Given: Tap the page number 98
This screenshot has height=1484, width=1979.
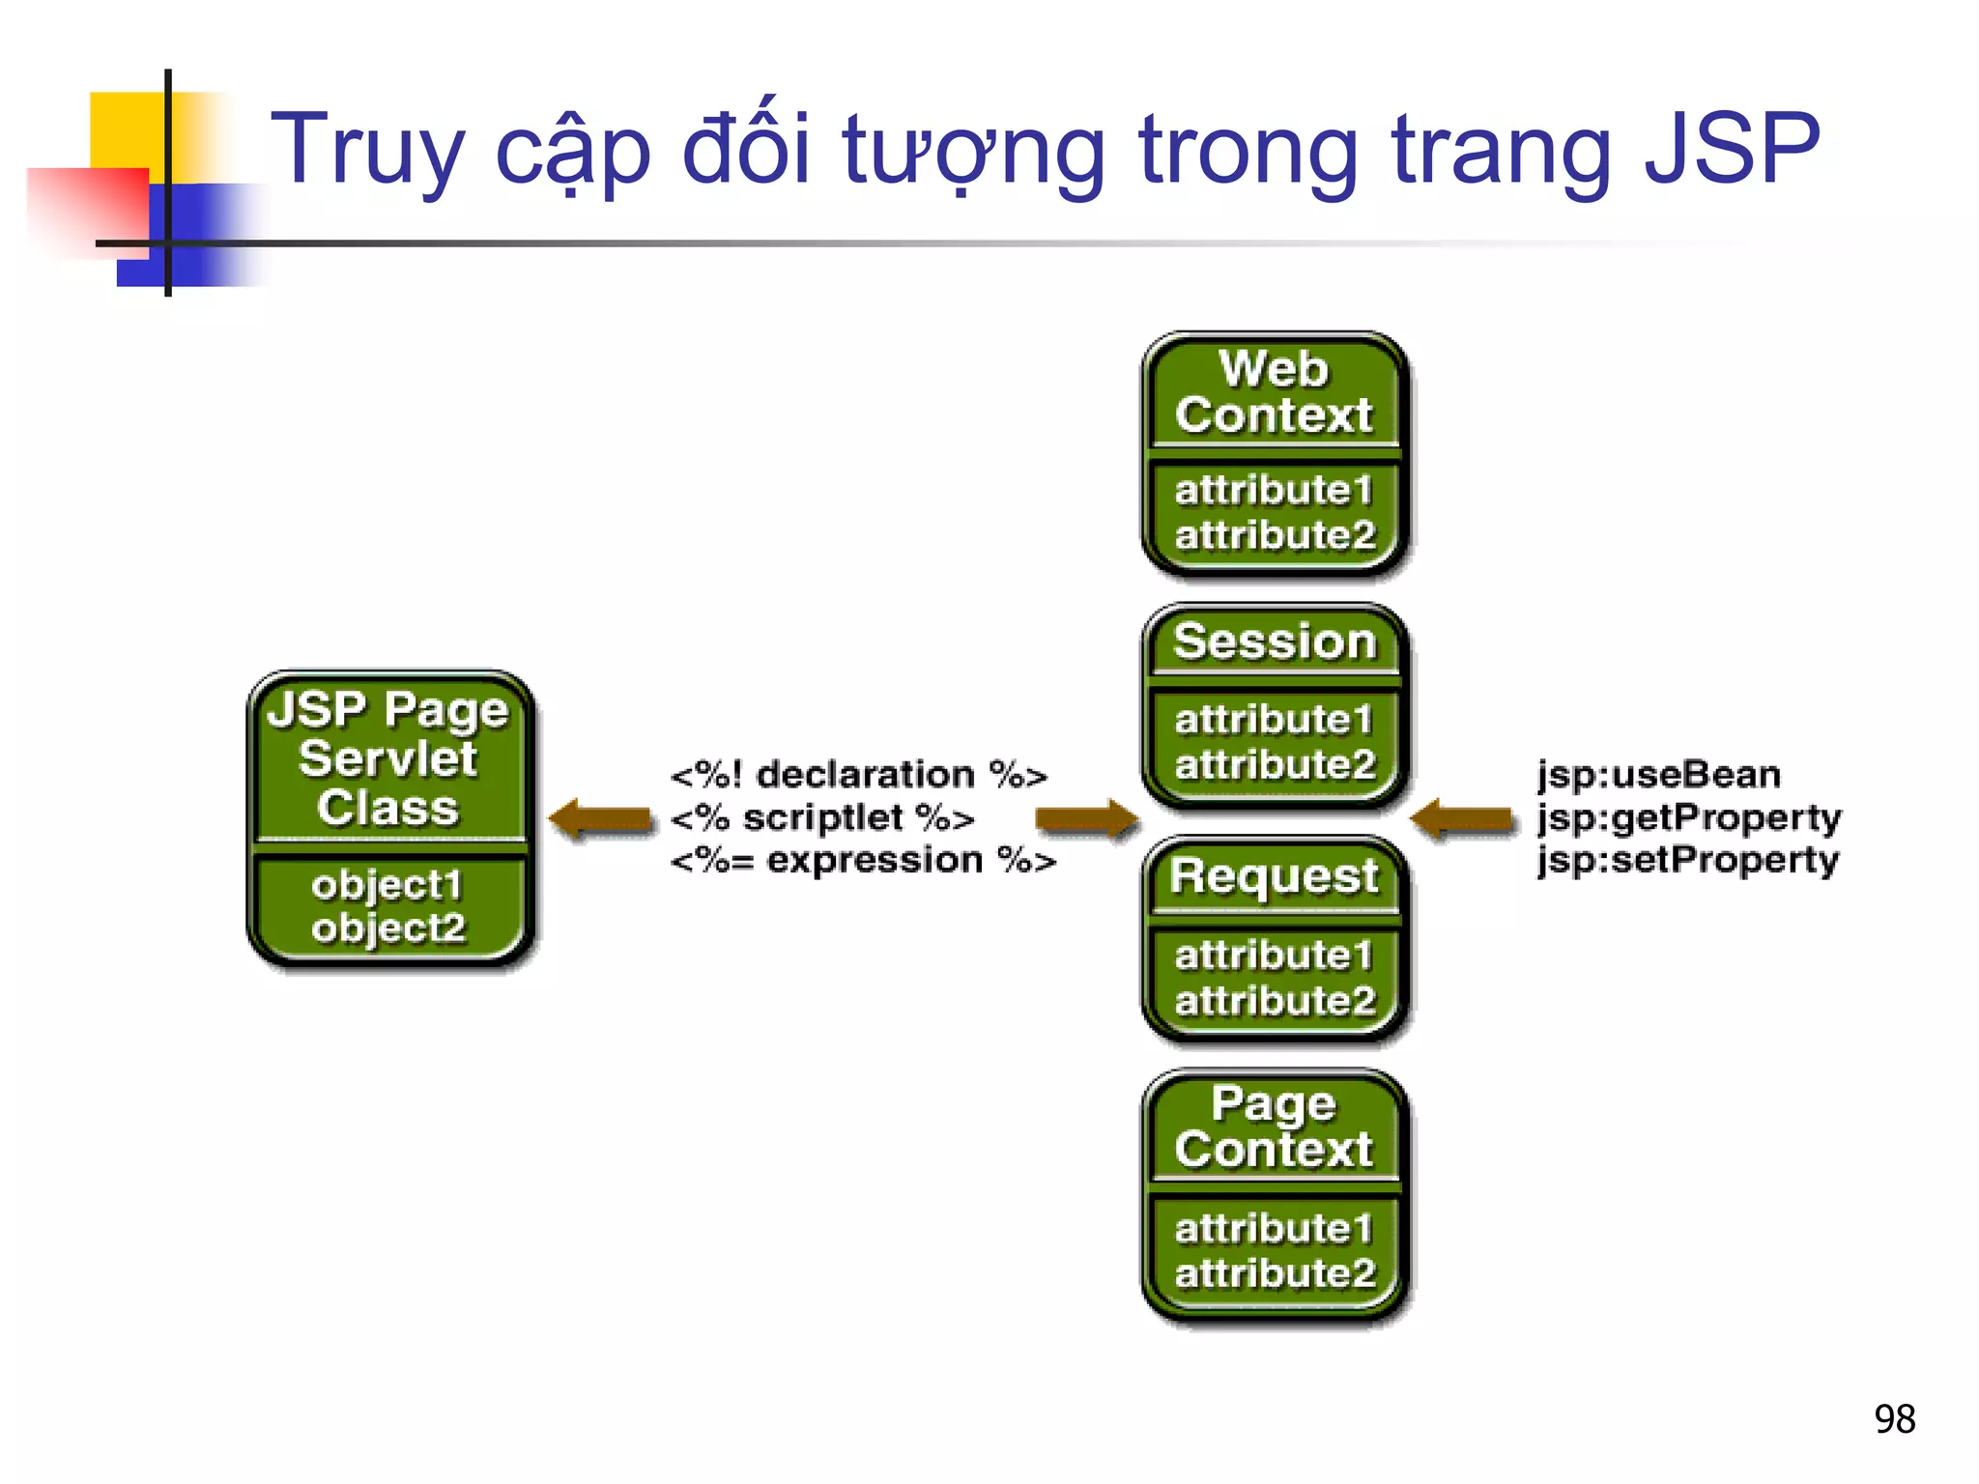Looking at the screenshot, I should pyautogui.click(x=1894, y=1419).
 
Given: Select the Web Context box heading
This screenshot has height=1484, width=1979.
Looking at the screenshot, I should pyautogui.click(x=1274, y=392).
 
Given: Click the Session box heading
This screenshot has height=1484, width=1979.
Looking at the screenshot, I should pyautogui.click(x=1274, y=642).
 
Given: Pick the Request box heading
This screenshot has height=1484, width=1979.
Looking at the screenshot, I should pyautogui.click(x=1274, y=877).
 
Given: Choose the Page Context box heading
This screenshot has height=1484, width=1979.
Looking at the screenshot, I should pyautogui.click(x=1274, y=1127).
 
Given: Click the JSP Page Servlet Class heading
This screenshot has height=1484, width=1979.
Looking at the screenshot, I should pyautogui.click(x=387, y=758).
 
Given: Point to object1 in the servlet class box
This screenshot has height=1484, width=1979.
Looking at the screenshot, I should pyautogui.click(x=387, y=885).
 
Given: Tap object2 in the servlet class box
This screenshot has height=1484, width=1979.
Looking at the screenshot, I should pyautogui.click(x=388, y=928).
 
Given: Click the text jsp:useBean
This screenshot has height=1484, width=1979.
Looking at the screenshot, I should pyautogui.click(x=1658, y=775).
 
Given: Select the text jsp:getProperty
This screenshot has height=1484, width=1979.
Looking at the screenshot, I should pyautogui.click(x=1689, y=817).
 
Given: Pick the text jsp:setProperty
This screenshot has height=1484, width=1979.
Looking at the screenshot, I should pyautogui.click(x=1687, y=860).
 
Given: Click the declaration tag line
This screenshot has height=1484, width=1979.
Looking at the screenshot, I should pyautogui.click(x=858, y=775).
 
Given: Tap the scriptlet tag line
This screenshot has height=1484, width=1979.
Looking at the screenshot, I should pyautogui.click(x=822, y=818).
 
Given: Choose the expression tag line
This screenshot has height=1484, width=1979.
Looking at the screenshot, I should pyautogui.click(x=863, y=860).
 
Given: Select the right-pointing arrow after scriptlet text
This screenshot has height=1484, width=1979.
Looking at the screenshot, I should pyautogui.click(x=1086, y=819).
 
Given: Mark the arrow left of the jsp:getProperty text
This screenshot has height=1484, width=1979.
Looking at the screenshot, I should pyautogui.click(x=1462, y=819).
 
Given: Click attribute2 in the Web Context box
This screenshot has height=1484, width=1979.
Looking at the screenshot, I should pyautogui.click(x=1274, y=535).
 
